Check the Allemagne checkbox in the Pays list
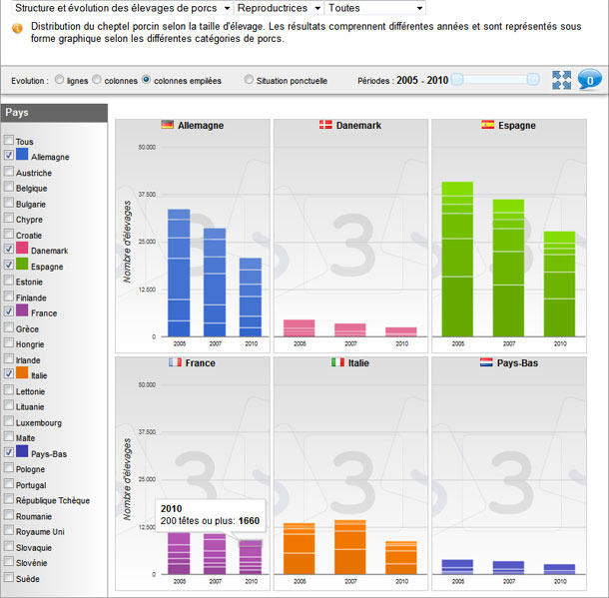tap(9, 157)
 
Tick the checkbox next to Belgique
tap(9, 188)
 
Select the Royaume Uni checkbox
tap(9, 532)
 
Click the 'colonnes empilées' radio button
tap(147, 80)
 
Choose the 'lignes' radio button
tap(60, 80)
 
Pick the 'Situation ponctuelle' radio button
tap(249, 80)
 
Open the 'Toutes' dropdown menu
tap(374, 8)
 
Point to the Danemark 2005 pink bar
tap(300, 327)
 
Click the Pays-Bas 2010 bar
tap(559, 568)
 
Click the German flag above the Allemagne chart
tap(168, 125)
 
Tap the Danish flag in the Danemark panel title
tap(325, 125)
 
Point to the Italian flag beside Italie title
tap(338, 362)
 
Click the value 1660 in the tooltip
tap(249, 521)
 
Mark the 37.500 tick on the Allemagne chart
tap(146, 195)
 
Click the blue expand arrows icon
tap(561, 81)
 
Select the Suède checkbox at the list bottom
tap(9, 578)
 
